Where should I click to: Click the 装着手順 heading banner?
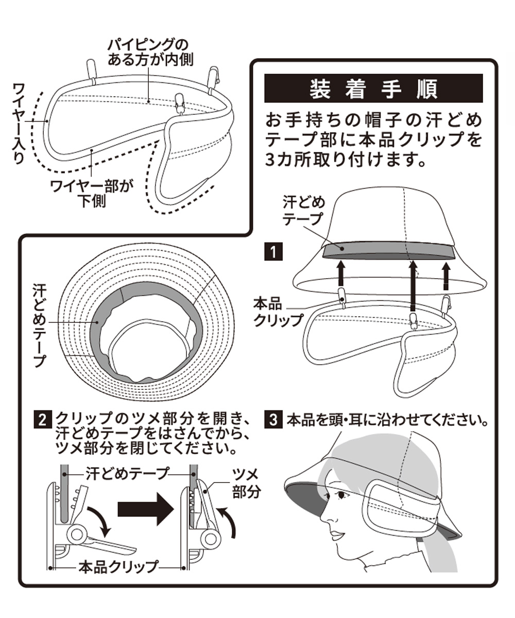[x=373, y=88]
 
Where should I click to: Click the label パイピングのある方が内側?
[x=150, y=51]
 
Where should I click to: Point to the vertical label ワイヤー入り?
[x=20, y=123]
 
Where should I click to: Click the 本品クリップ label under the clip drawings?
[x=117, y=567]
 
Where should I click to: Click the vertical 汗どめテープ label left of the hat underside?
[x=37, y=324]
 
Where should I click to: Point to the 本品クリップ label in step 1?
[x=279, y=312]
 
